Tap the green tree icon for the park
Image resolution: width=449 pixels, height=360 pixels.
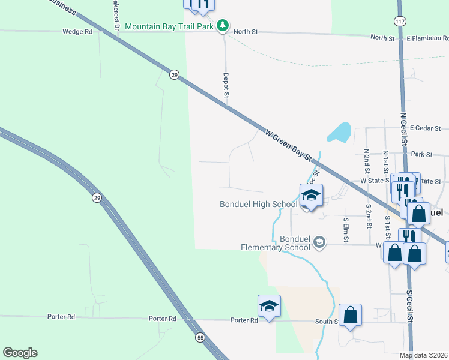223,25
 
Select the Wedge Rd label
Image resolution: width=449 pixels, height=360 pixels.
77,31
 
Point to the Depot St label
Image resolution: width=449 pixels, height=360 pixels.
226,85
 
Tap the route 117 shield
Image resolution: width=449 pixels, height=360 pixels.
400,21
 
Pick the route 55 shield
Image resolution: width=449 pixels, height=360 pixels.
200,338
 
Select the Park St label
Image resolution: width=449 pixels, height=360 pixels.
422,154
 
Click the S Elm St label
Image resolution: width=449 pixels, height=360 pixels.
346,228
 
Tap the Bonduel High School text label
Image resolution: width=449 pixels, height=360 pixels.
259,204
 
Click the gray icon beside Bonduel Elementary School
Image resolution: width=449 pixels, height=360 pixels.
320,242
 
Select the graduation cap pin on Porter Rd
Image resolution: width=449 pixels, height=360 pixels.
269,307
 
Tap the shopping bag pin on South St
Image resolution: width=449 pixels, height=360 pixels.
350,314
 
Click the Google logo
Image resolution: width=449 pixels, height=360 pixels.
20,353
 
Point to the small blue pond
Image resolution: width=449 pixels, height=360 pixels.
340,132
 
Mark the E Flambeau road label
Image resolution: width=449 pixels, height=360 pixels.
426,38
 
